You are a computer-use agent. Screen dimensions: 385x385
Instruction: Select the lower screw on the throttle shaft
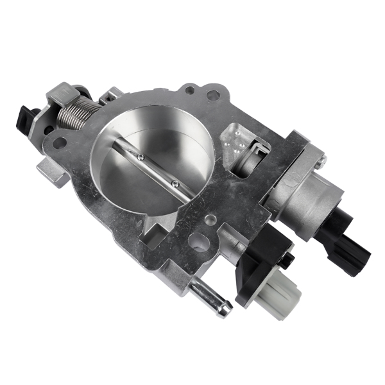point(175,184)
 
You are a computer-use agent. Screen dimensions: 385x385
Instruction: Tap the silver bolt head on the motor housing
point(316,157)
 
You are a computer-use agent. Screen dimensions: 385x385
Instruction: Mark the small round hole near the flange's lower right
point(209,220)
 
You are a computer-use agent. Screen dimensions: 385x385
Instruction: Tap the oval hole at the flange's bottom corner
point(200,243)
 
